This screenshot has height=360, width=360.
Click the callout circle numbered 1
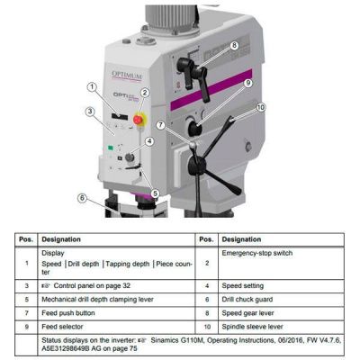[x=93, y=87]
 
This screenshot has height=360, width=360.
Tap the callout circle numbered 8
[x=234, y=46]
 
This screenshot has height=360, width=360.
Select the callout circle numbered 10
[x=262, y=108]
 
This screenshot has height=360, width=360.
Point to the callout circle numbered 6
[x=82, y=198]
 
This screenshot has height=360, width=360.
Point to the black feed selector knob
[x=196, y=115]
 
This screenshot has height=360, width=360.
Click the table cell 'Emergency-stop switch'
[x=258, y=255]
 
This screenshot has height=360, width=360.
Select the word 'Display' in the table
[x=54, y=255]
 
